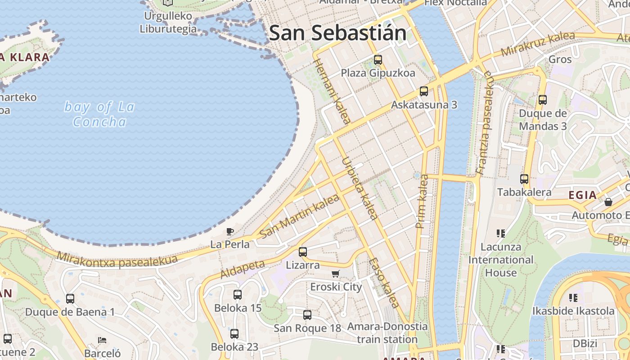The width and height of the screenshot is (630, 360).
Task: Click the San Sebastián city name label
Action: [337, 33]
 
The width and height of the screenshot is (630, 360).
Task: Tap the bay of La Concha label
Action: [99, 114]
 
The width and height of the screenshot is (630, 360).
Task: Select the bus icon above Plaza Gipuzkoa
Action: [378, 59]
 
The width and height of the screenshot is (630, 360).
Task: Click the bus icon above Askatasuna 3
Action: [424, 91]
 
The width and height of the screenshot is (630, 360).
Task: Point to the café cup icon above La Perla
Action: [230, 232]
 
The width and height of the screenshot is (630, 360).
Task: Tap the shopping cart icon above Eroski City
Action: [336, 274]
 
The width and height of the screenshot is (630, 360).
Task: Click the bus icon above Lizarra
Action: [303, 252]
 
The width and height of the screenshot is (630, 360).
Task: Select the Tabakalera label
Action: [524, 192]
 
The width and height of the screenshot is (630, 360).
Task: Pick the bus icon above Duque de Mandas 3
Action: [543, 100]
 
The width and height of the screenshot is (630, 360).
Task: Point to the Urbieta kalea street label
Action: [359, 188]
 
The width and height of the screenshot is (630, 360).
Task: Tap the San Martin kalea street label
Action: [299, 216]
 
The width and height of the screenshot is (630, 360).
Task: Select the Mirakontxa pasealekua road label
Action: [117, 260]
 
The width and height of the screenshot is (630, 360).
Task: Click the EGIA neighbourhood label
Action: [583, 195]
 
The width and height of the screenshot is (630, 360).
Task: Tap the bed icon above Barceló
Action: [102, 340]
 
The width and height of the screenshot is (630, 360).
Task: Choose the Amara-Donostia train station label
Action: [387, 333]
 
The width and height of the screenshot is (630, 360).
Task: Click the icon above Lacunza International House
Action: [501, 233]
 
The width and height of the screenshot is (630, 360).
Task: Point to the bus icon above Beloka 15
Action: [238, 295]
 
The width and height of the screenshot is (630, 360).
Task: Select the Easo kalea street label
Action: [384, 283]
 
